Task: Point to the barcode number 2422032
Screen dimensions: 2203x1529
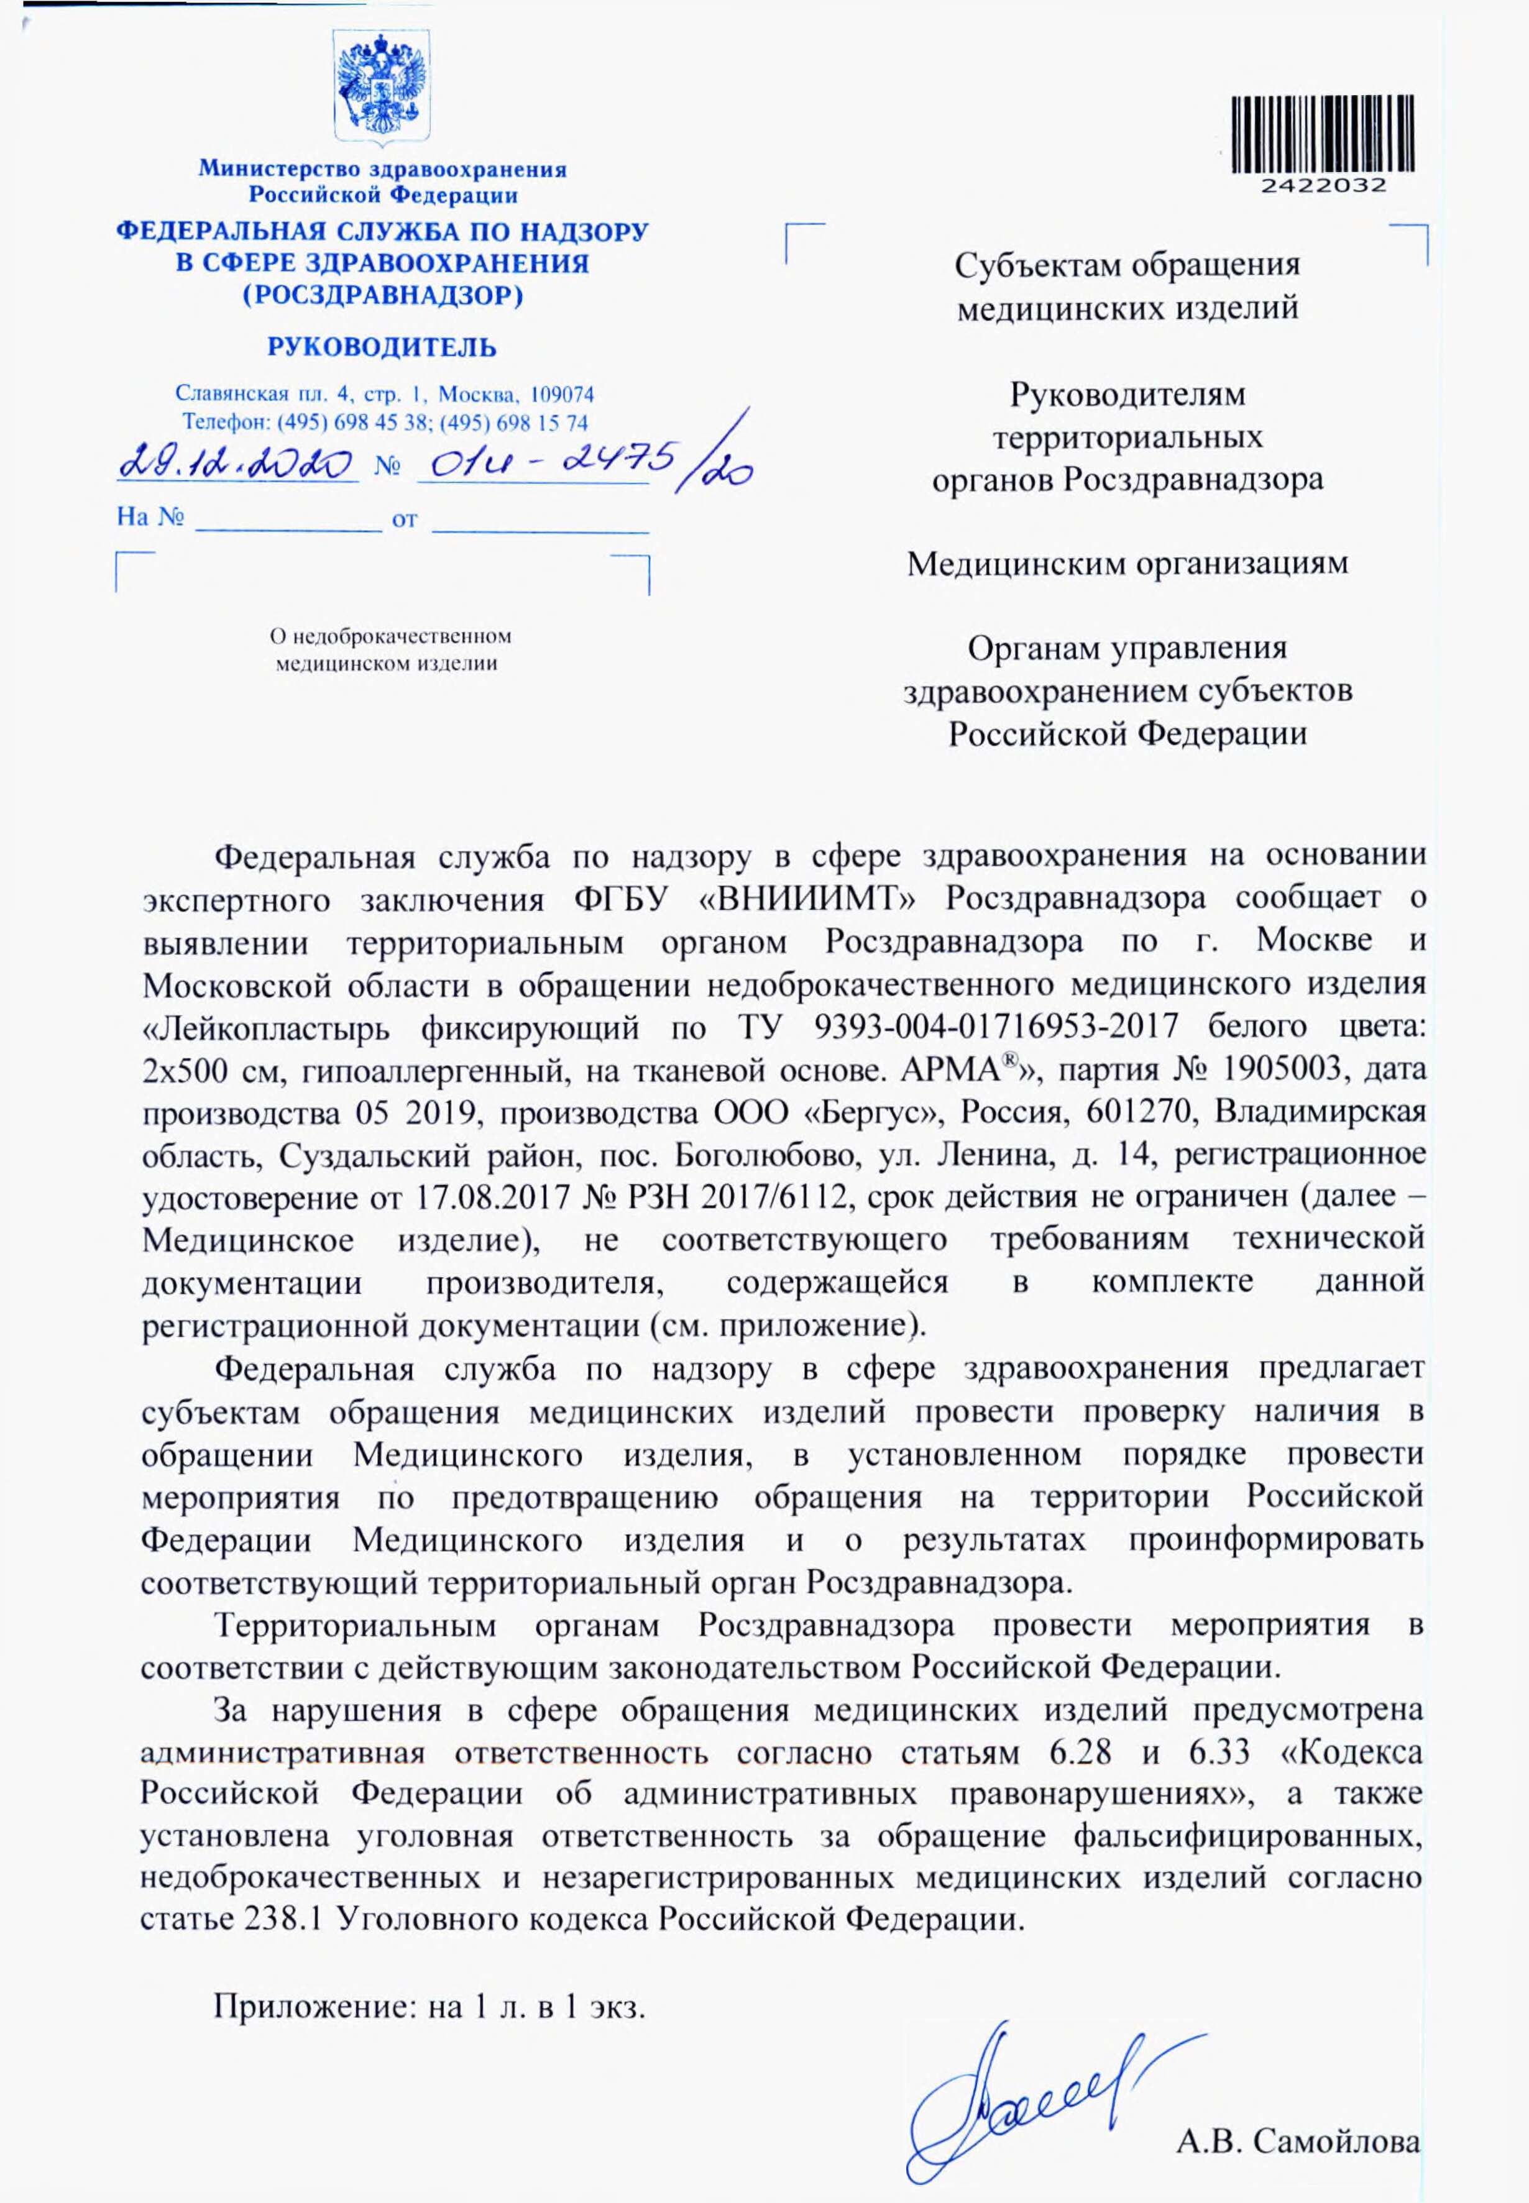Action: (x=1322, y=186)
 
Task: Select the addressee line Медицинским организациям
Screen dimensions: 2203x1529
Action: (x=1127, y=563)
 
